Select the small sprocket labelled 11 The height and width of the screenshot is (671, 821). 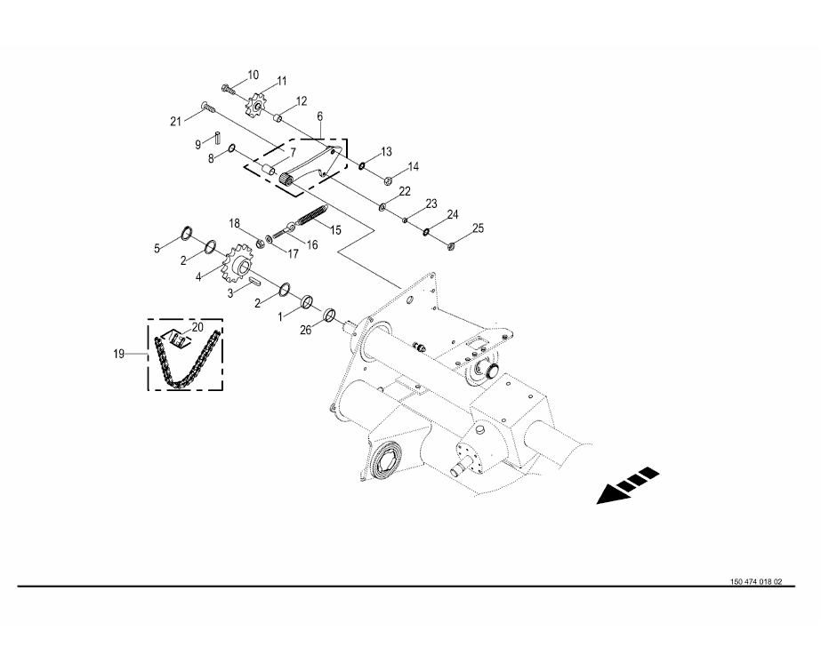[x=257, y=108]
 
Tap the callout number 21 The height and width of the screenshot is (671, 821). [x=175, y=120]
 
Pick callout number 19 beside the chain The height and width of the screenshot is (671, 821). [x=118, y=354]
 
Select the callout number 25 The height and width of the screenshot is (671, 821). [x=478, y=228]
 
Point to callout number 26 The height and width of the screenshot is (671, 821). [x=305, y=330]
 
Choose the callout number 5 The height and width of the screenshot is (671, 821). [x=157, y=249]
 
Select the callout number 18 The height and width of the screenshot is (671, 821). [x=235, y=222]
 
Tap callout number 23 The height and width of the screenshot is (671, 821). [x=431, y=204]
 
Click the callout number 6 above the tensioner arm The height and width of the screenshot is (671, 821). [x=319, y=116]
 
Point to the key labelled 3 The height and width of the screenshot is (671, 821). [x=253, y=281]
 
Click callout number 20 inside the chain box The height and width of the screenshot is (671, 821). [x=197, y=327]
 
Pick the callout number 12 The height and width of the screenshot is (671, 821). [x=302, y=100]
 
